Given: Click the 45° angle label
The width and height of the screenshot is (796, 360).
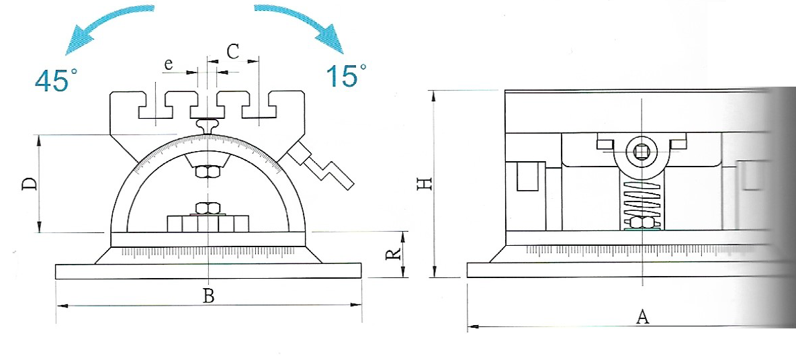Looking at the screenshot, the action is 56,80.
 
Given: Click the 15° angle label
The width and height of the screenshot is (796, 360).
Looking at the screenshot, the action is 346,75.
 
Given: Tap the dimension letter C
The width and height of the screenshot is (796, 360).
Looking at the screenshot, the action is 233,52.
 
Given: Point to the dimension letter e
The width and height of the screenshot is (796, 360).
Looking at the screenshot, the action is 169,64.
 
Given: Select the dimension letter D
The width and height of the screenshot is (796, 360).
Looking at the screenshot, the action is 30,183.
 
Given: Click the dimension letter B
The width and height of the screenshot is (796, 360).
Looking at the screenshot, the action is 209,296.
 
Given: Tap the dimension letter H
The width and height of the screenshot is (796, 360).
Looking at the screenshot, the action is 425,183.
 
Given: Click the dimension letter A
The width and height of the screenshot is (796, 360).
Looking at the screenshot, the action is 643,317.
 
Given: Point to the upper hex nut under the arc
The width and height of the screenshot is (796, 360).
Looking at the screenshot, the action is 208,172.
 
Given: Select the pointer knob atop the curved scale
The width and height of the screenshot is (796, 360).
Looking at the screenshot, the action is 208,126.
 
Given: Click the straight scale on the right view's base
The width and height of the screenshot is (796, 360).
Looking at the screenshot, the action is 650,250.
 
